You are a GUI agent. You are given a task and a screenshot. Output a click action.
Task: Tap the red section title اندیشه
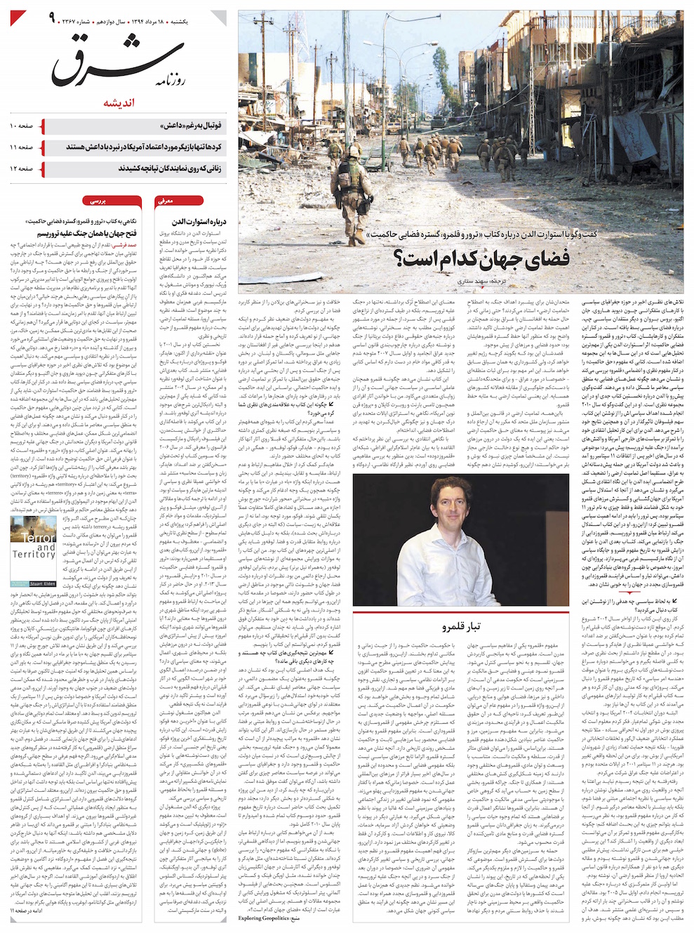(x=119, y=103)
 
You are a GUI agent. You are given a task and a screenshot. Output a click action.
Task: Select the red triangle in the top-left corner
(x=18, y=18)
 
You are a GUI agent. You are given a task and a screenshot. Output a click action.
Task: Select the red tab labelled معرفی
(x=165, y=201)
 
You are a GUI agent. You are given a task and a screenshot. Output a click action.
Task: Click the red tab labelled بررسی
(x=97, y=201)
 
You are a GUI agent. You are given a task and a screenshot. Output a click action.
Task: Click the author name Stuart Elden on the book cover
(x=42, y=583)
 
